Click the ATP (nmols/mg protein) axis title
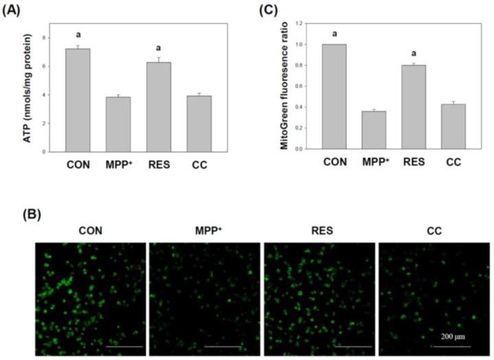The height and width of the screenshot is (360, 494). tap(32, 88)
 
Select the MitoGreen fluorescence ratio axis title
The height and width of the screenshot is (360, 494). tap(282, 86)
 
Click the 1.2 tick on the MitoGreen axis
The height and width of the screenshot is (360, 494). tap(298, 24)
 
